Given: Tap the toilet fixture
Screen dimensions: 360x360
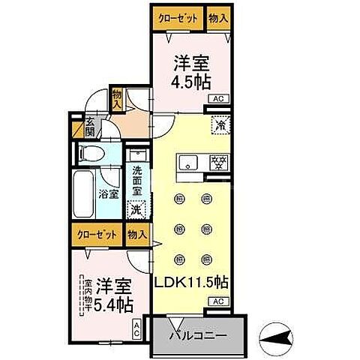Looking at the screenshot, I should (89, 153).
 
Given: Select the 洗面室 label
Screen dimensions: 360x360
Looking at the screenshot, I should (136, 182).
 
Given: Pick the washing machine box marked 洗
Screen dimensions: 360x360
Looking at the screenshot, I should (136, 211).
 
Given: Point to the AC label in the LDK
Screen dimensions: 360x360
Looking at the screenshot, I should (217, 301).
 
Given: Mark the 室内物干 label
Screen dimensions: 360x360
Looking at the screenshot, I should (88, 295).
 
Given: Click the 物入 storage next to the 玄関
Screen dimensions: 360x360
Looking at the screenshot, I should (117, 98).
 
